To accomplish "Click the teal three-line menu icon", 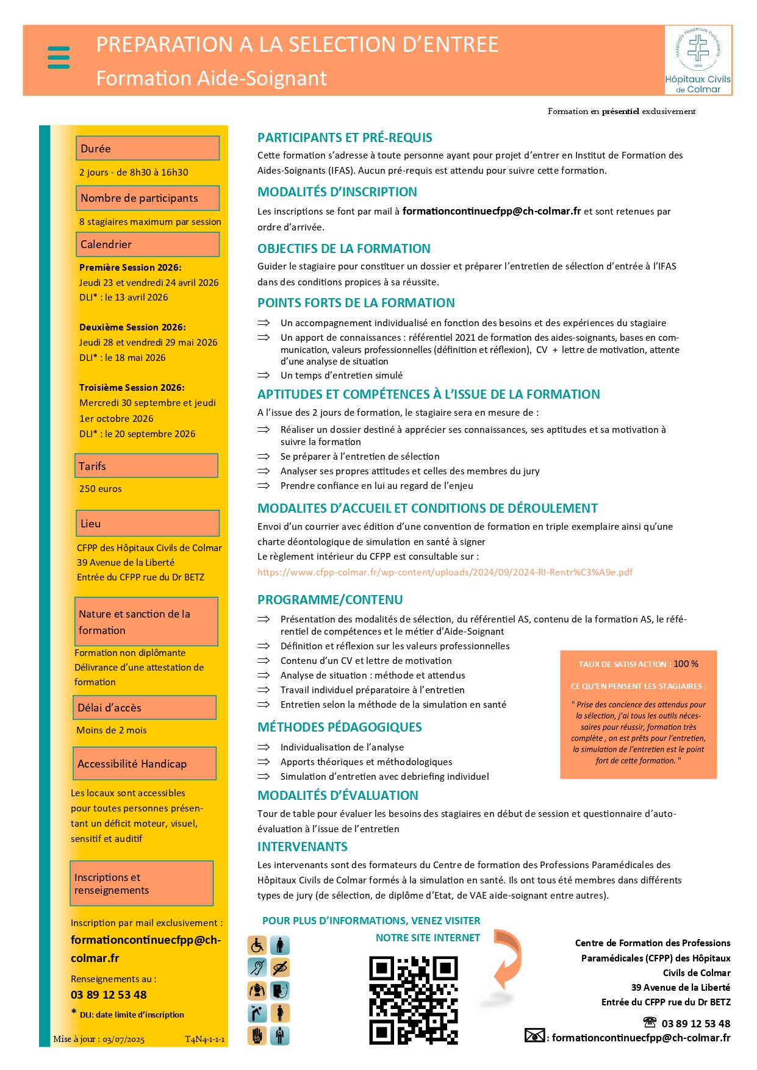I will click(59, 57).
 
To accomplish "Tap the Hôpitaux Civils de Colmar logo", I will click(698, 60).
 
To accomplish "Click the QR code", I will click(413, 1000).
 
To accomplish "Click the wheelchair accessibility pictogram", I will click(257, 945).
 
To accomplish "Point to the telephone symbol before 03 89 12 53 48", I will click(650, 1022).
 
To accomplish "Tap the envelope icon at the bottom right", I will click(534, 1035).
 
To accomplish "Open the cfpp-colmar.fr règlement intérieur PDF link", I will click(445, 572).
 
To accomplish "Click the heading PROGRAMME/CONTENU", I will click(330, 599).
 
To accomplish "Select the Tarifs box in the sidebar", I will click(146, 466).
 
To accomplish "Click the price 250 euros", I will click(101, 488).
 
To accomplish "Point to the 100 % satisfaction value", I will click(686, 663).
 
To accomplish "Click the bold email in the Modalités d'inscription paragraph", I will click(492, 211).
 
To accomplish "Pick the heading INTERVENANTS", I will click(302, 846).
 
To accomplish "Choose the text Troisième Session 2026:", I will click(132, 387).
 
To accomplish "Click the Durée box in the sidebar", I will click(147, 149).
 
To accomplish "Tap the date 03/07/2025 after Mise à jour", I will click(123, 1039).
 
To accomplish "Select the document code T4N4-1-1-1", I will click(204, 1039).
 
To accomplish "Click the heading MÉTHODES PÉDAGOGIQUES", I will click(339, 727).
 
